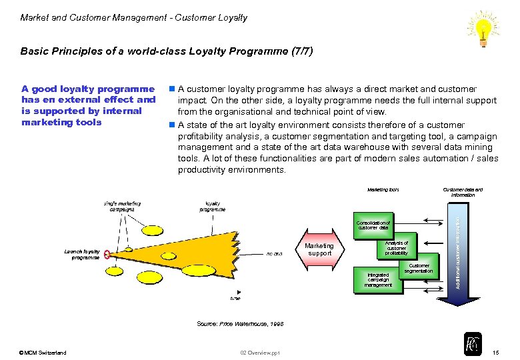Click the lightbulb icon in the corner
tap(485, 29)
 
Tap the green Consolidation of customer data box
tap(373, 225)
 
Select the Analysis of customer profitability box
tap(397, 247)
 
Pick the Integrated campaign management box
tap(378, 279)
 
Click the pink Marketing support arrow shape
tap(320, 250)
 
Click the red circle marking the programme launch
tap(107, 254)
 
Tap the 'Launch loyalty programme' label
tap(82, 254)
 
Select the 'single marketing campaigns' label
tap(121, 205)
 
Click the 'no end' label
tap(273, 253)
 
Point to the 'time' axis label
tap(235, 298)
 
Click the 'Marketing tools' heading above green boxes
tap(383, 190)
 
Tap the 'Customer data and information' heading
tap(463, 192)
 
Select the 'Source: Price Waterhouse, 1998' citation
tap(240, 323)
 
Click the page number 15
tap(494, 352)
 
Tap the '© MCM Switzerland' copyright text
tap(43, 352)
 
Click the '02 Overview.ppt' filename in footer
tap(260, 352)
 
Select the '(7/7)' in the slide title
tap(299, 51)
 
